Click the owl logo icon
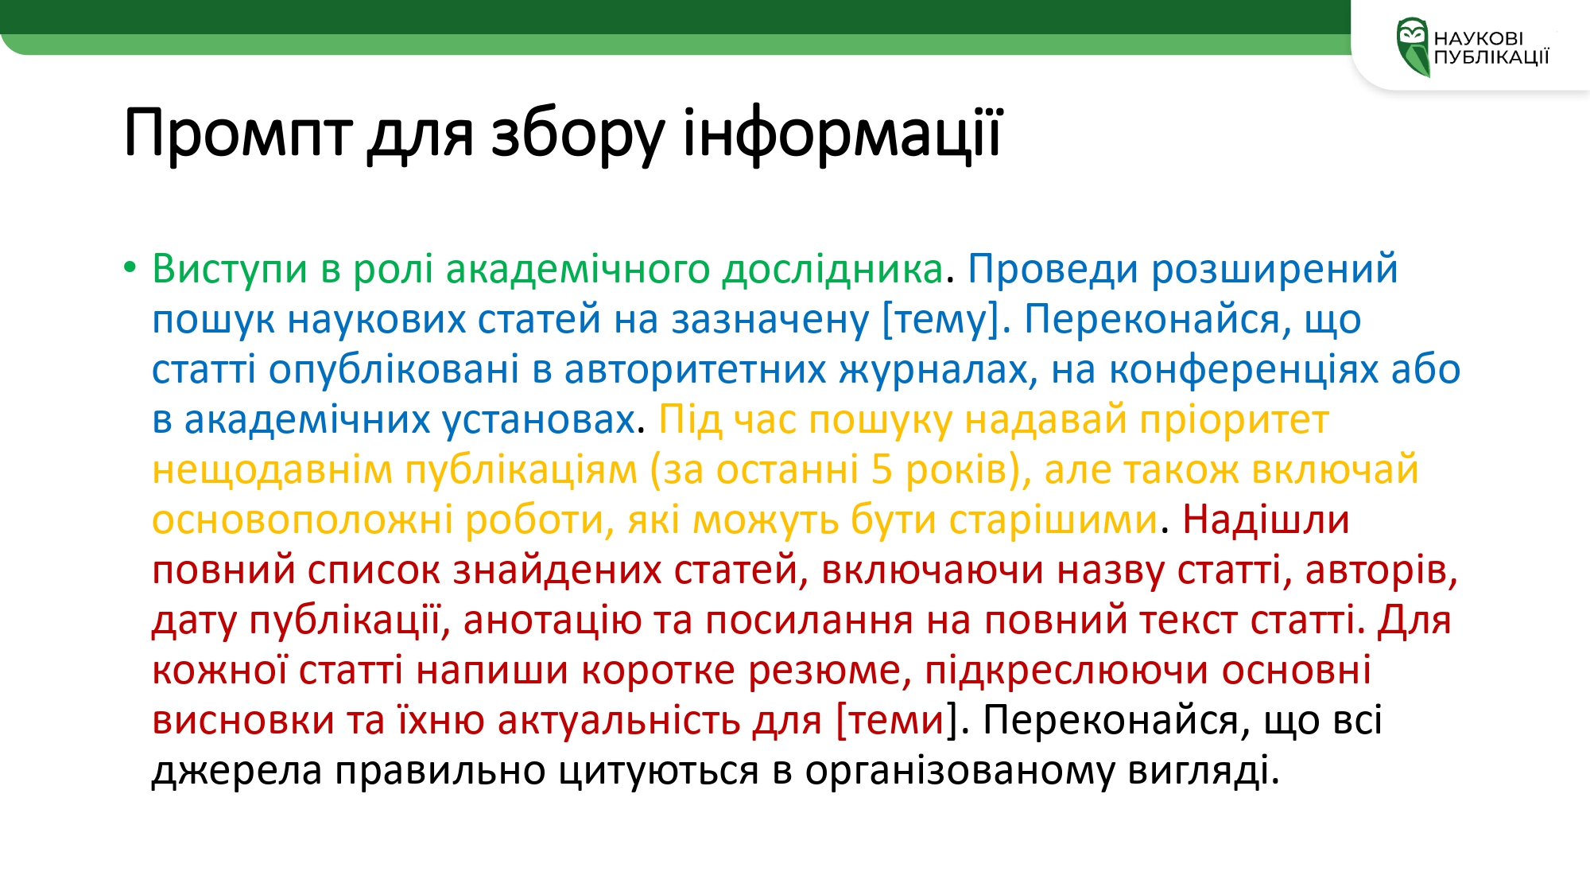pos(1413,47)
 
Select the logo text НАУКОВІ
pos(1479,38)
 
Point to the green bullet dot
pos(130,267)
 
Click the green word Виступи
pos(230,269)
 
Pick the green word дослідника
pos(832,269)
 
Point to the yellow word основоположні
pos(302,520)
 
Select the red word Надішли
pos(1266,519)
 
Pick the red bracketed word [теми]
pos(896,721)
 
